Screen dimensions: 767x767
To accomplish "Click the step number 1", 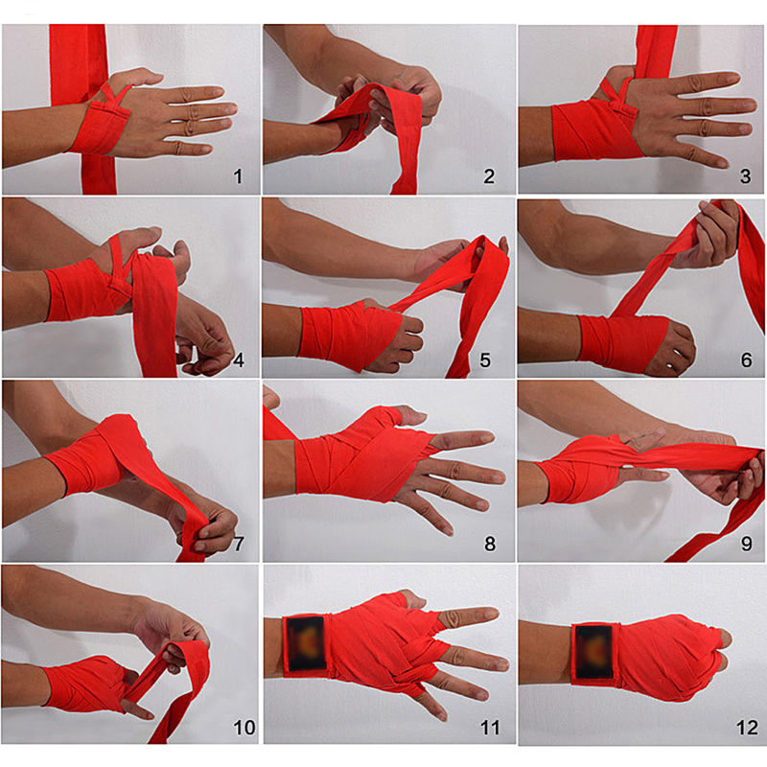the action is tap(238, 176).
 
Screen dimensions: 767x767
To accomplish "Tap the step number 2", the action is tap(489, 176).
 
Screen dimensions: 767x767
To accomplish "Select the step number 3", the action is tap(745, 176).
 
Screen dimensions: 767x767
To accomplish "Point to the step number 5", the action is tap(485, 360).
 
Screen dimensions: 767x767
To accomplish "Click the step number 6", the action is tap(747, 360).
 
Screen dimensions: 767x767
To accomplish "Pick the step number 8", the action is tap(490, 544).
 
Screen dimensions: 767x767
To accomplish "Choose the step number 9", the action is tap(747, 544).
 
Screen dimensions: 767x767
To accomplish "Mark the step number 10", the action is tap(244, 728).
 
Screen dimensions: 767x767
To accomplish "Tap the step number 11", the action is tap(490, 728).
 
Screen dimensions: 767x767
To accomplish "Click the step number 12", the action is tap(747, 728).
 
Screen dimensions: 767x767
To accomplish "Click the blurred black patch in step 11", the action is tap(306, 643).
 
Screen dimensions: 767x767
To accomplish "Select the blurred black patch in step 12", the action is tap(593, 651).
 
